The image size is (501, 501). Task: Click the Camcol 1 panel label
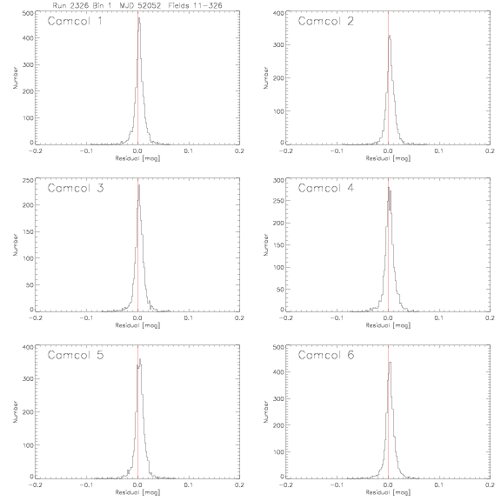click(75, 21)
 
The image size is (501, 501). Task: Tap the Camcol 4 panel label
click(326, 188)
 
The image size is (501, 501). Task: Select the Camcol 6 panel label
click(326, 355)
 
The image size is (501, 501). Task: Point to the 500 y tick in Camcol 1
click(28, 13)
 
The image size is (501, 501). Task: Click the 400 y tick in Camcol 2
click(278, 13)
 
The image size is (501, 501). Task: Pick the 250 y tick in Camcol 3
click(28, 180)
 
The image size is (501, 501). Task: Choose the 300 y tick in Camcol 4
click(278, 180)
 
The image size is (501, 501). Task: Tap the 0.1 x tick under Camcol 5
click(189, 484)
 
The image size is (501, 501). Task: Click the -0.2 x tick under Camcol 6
click(285, 484)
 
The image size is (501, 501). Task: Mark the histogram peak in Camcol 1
click(139, 18)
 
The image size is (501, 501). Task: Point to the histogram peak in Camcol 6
click(390, 363)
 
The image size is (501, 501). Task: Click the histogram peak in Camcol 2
click(390, 36)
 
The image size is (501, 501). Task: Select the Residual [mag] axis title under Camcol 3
click(137, 325)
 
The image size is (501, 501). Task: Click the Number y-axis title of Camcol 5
click(15, 411)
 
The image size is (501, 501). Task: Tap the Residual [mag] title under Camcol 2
click(388, 158)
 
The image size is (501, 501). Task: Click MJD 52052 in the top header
click(140, 5)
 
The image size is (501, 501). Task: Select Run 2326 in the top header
click(70, 5)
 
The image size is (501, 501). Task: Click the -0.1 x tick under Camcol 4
click(337, 318)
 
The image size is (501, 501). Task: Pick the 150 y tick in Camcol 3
click(28, 231)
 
